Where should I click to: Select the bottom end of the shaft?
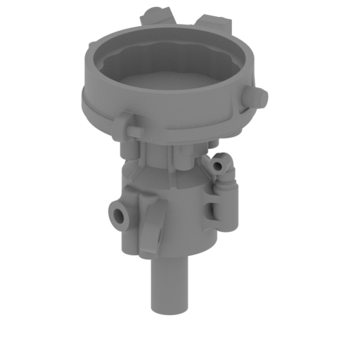[x=169, y=309]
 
